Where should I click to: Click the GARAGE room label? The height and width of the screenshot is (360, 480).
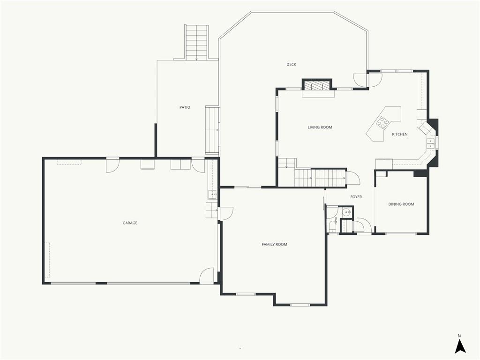(130, 223)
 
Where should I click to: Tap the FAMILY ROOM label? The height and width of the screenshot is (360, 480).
(274, 244)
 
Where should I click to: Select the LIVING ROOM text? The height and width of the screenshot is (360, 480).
(320, 127)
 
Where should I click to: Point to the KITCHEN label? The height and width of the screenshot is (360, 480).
(400, 134)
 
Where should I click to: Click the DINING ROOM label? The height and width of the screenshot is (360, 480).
(401, 204)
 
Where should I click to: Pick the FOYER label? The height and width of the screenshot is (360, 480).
(356, 197)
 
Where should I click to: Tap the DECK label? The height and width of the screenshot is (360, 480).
(292, 64)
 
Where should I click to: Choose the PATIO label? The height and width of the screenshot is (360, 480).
(185, 107)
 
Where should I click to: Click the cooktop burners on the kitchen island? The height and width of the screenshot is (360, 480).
(382, 122)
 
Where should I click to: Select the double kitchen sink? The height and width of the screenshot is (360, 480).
(431, 143)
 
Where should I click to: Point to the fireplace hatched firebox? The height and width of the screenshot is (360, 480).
(317, 86)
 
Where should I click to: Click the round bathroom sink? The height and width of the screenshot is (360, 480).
(346, 212)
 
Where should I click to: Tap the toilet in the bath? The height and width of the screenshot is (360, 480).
(331, 227)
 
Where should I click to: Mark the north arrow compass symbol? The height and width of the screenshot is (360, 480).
(460, 346)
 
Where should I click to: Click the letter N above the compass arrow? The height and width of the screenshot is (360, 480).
(459, 336)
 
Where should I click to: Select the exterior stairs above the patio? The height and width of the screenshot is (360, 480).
(196, 42)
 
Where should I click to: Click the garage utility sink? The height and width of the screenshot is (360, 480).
(212, 195)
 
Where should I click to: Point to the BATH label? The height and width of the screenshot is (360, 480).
(336, 221)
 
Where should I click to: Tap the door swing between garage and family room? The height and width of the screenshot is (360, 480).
(226, 214)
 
